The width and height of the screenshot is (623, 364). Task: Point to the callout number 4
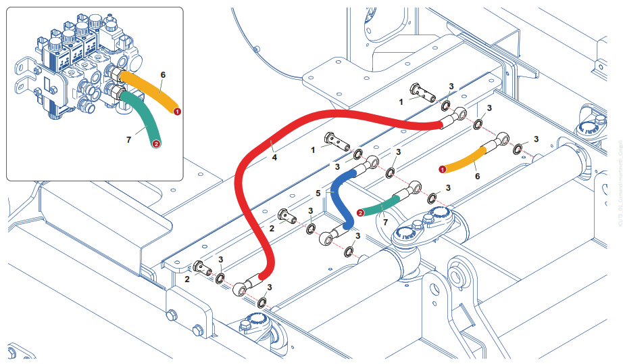[274, 158]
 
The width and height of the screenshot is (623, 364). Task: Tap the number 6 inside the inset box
[163, 74]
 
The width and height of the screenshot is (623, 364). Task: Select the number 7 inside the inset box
[128, 139]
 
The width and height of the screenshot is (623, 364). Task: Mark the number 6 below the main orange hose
[478, 176]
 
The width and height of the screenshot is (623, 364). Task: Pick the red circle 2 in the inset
[156, 143]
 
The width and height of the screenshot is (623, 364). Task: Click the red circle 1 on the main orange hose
[442, 168]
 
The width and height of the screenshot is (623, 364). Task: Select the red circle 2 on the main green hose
[360, 212]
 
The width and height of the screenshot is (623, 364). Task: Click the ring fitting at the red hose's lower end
[241, 292]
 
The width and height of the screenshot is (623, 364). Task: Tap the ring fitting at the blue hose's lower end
[327, 237]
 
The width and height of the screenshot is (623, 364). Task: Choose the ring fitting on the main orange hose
[501, 140]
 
